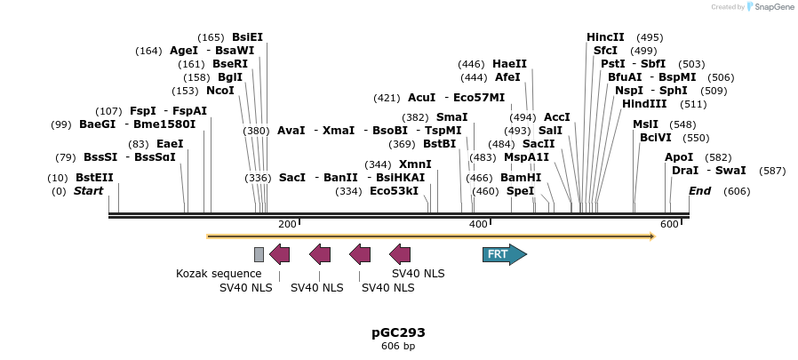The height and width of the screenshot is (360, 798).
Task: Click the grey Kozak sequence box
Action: pyautogui.click(x=259, y=255)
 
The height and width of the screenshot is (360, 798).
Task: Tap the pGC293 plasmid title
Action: pyautogui.click(x=398, y=332)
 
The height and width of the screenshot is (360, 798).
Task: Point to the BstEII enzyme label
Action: pyautogui.click(x=94, y=178)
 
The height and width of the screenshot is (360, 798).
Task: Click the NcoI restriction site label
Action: pyautogui.click(x=220, y=91)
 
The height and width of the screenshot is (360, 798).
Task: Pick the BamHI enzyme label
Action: pyautogui.click(x=521, y=178)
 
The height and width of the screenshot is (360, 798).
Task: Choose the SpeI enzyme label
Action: pyautogui.click(x=521, y=191)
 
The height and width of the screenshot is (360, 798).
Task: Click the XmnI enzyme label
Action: pyautogui.click(x=415, y=164)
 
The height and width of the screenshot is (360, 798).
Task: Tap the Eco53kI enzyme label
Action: pyautogui.click(x=394, y=191)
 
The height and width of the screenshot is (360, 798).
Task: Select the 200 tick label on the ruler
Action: pyautogui.click(x=287, y=225)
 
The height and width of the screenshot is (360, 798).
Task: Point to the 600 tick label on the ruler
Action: pyautogui.click(x=669, y=225)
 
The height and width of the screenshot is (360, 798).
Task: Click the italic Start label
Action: pyautogui.click(x=88, y=191)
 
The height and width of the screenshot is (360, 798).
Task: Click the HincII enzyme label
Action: pyautogui.click(x=605, y=37)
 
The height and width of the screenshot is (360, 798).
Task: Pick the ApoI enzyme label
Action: pyautogui.click(x=679, y=157)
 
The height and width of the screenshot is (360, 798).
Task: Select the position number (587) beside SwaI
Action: pyautogui.click(x=773, y=171)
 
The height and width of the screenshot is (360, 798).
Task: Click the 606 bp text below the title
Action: pyautogui.click(x=398, y=346)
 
